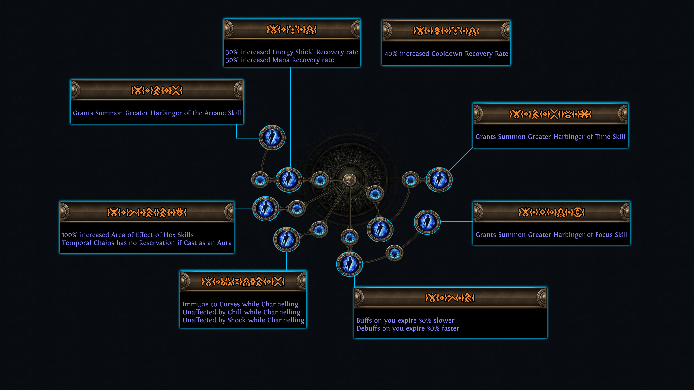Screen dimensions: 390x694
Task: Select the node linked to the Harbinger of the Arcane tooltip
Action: (x=272, y=138)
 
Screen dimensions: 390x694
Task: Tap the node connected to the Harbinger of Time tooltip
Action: (x=439, y=180)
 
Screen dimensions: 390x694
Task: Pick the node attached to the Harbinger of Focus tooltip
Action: (x=427, y=222)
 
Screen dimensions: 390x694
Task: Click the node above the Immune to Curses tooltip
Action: (x=286, y=239)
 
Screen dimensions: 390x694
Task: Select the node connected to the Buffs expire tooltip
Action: (x=349, y=264)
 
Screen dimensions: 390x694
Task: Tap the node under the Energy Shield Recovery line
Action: (x=289, y=180)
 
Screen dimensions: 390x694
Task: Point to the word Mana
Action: (x=281, y=60)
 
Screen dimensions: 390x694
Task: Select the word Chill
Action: (x=235, y=312)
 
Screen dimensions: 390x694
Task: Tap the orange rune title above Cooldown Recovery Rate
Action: (x=446, y=31)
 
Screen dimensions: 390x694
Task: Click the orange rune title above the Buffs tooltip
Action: (x=450, y=298)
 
